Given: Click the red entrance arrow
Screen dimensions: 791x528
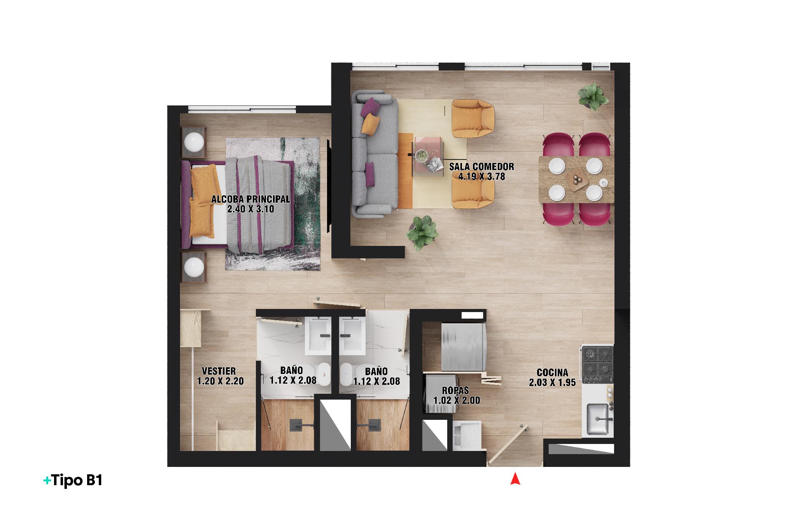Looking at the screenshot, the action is (515, 479).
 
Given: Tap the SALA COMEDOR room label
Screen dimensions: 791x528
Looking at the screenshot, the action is (481, 167).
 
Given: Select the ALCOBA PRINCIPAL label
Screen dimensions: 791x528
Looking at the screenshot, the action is (250, 199).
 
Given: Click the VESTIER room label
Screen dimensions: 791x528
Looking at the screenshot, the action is (219, 371).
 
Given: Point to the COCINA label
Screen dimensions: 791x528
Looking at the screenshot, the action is (552, 373).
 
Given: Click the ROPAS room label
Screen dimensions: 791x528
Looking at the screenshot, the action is (455, 390).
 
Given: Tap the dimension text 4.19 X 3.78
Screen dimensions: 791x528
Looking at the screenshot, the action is (481, 177).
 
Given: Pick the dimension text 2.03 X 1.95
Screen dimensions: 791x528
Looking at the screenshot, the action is (552, 383).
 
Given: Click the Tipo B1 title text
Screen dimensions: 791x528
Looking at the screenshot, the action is (73, 481).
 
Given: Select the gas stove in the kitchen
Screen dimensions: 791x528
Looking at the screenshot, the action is (598, 365).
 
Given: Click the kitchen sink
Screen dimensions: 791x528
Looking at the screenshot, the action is (598, 419).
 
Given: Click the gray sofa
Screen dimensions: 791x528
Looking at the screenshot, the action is (374, 154).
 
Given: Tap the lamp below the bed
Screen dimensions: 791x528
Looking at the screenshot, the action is (194, 267).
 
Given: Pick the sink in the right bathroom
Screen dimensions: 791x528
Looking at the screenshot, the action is (353, 335).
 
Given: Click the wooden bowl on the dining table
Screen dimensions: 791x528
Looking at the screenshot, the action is (576, 181).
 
